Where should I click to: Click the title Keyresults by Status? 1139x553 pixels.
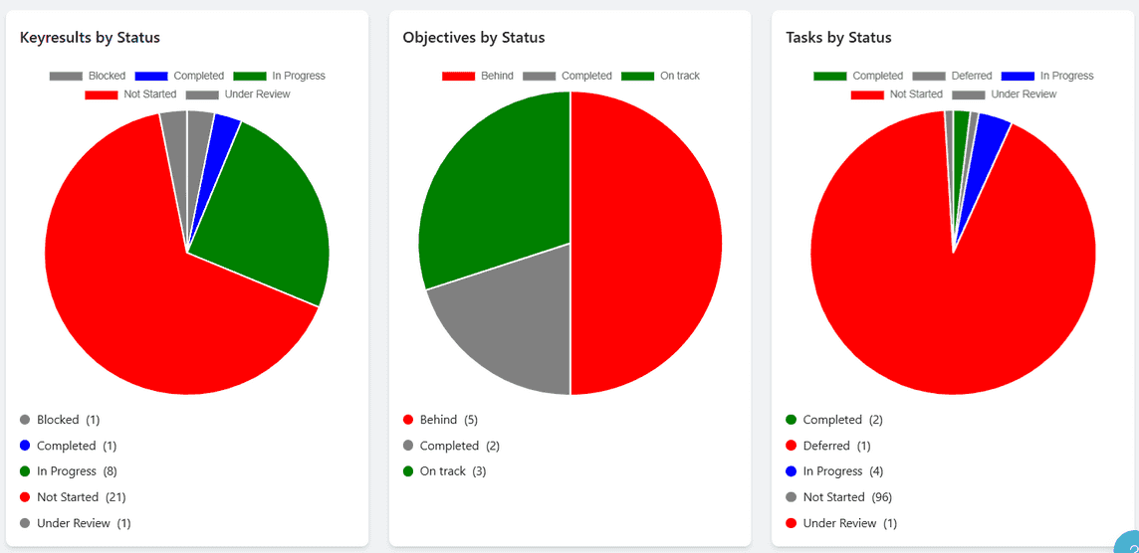point(90,38)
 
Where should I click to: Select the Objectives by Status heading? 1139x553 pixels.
point(474,38)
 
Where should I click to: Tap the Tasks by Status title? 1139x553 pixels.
point(838,38)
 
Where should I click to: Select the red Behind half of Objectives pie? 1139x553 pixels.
point(647,244)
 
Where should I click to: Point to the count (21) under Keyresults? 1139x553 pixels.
point(114,497)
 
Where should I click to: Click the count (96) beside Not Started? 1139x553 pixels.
point(883,497)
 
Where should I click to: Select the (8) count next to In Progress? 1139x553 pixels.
point(110,471)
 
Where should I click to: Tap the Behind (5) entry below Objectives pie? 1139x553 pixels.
point(448,420)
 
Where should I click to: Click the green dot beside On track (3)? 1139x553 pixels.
point(408,471)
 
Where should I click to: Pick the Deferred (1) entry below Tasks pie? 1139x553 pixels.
point(836,446)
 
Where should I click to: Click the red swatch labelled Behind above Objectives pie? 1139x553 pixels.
point(459,77)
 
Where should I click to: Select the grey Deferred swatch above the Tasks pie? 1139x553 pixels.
point(928,77)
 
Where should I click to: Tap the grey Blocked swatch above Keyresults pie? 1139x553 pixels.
point(66,77)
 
